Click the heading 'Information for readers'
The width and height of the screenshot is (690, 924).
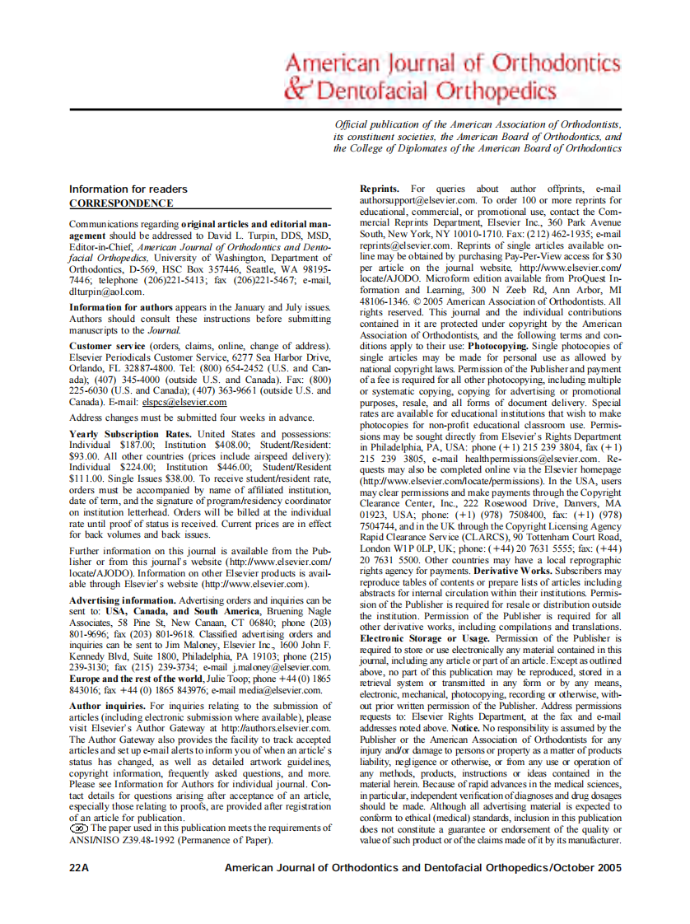(x=128, y=189)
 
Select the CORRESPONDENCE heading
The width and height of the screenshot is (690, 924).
(x=121, y=203)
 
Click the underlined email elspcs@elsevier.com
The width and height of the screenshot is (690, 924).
(x=184, y=402)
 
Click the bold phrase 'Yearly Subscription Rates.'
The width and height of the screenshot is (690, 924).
(x=131, y=433)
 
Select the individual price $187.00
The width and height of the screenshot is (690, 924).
(x=136, y=445)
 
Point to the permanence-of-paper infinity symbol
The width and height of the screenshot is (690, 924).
(x=79, y=828)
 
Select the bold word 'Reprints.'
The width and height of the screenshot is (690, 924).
(x=380, y=189)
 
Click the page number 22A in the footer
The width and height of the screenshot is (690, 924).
(x=79, y=868)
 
